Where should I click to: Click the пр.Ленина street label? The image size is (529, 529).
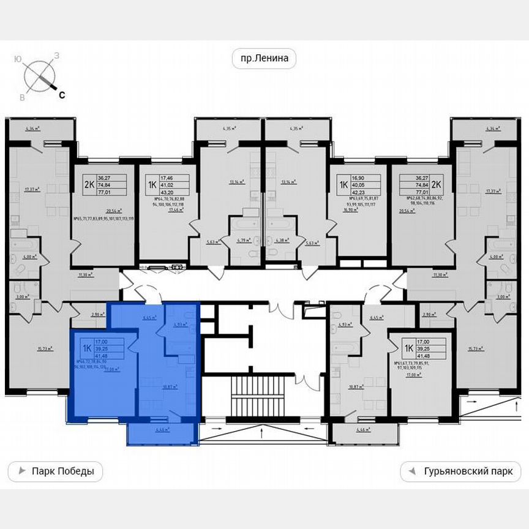(x=264, y=59)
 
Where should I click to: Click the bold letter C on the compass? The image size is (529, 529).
(x=62, y=94)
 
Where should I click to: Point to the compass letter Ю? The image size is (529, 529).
(x=18, y=59)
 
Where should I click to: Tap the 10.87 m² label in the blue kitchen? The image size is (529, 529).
(x=170, y=387)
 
